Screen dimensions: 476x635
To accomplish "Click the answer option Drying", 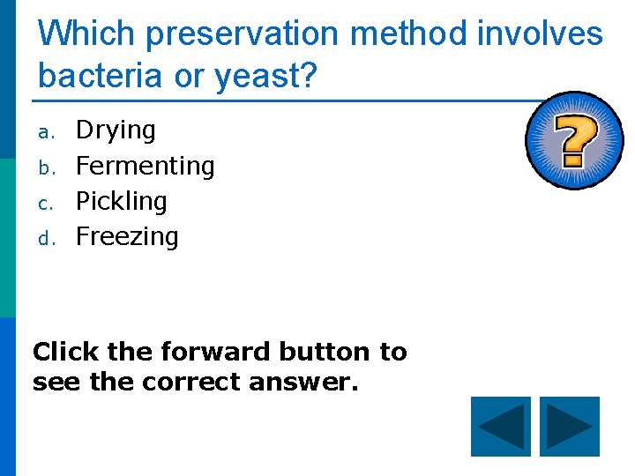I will coord(116,130).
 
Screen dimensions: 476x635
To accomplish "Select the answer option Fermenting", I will coord(145,166).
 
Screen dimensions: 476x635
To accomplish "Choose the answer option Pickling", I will coord(121,201).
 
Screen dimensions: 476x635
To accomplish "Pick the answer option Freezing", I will coord(127,236).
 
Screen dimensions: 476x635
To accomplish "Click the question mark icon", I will coord(574,141).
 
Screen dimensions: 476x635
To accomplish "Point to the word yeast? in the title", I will coord(262,78).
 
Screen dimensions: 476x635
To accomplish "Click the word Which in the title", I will coord(86,33).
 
